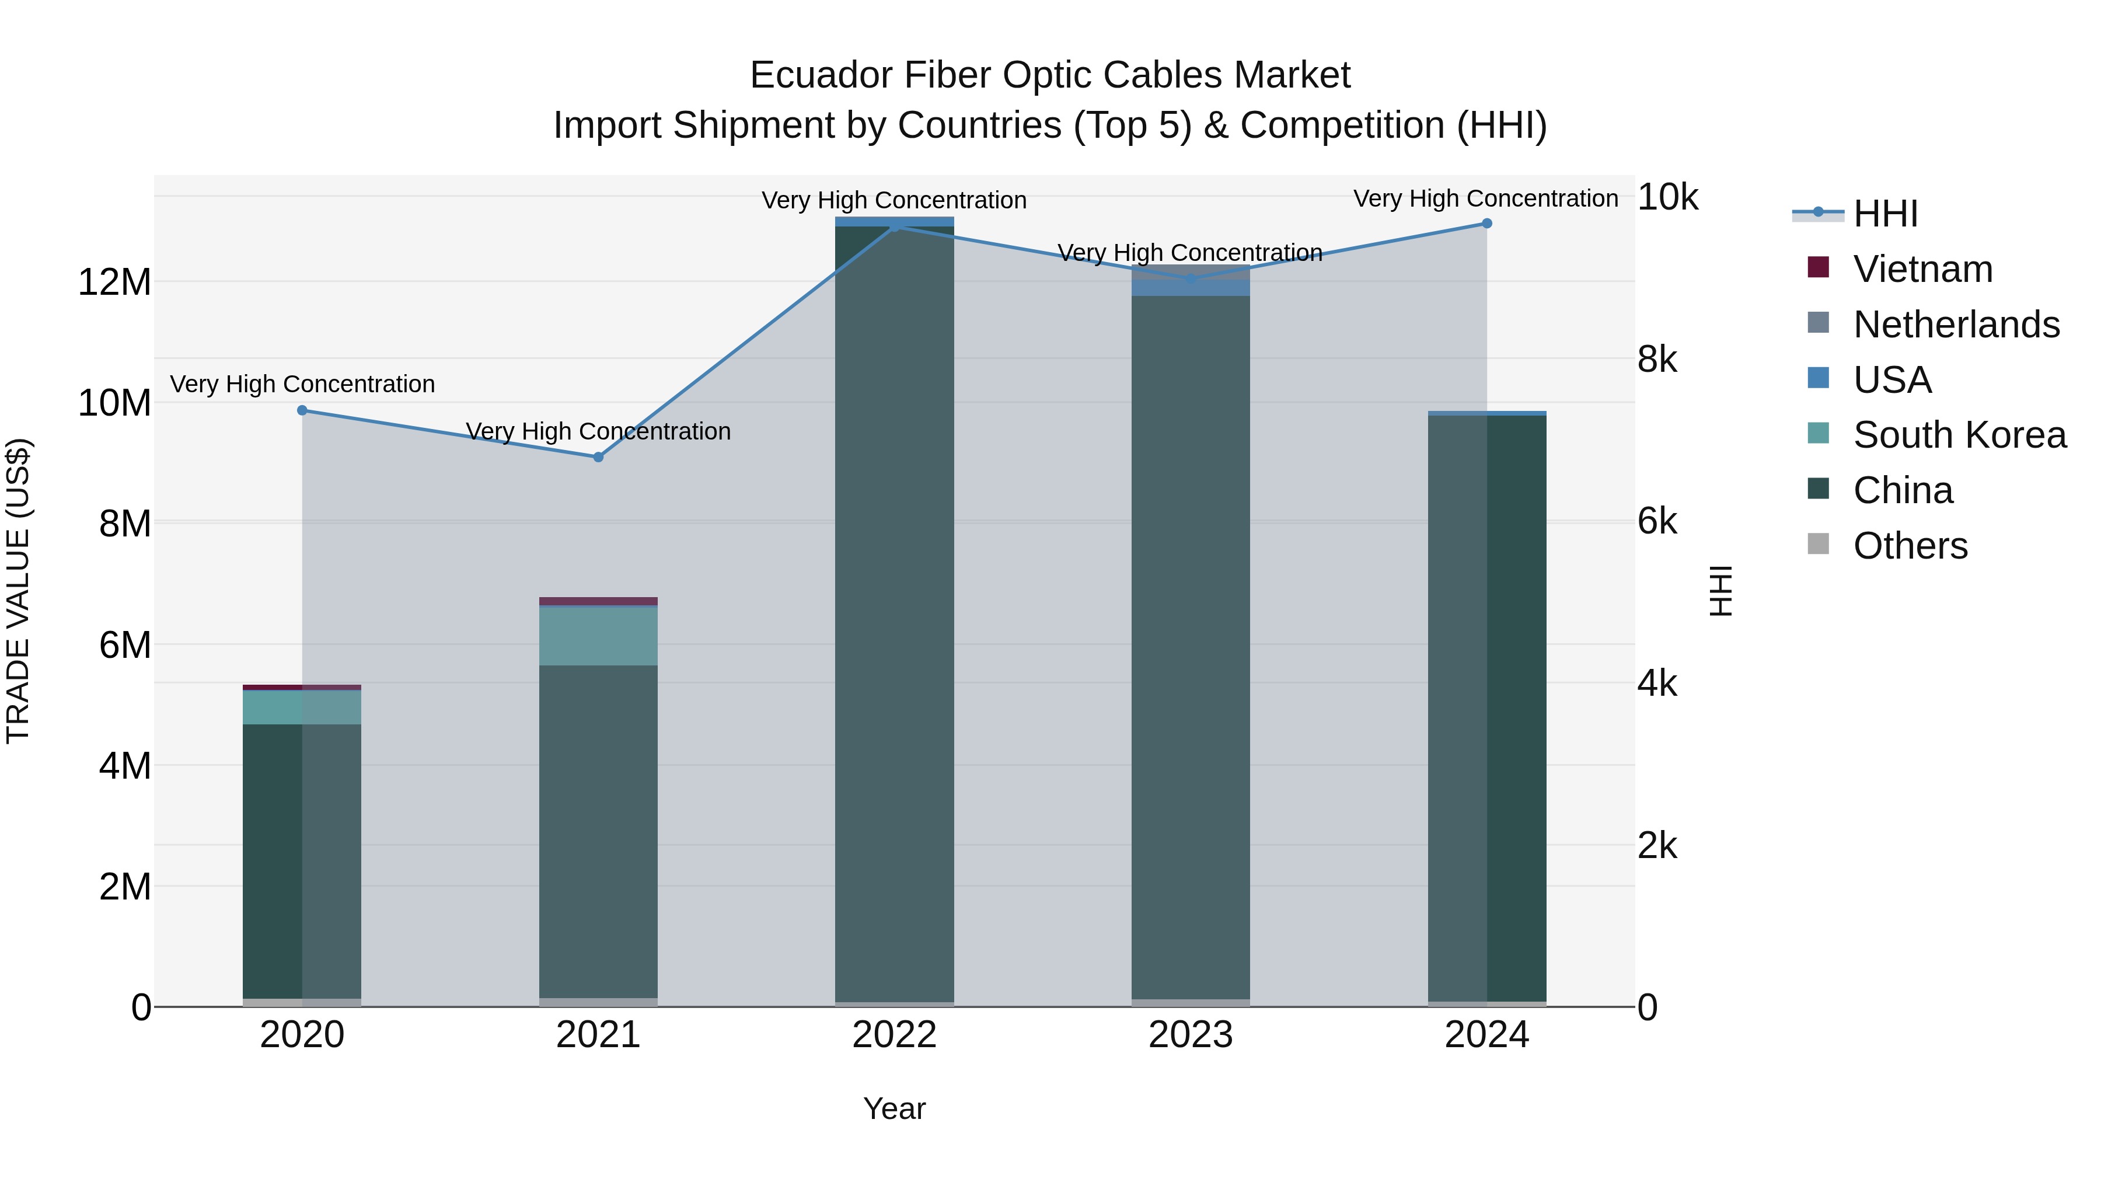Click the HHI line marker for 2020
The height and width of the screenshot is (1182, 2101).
point(302,410)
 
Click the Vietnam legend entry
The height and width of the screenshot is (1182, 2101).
point(1922,269)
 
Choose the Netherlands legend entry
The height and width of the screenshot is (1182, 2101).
point(1956,325)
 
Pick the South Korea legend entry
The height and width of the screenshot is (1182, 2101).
point(1959,435)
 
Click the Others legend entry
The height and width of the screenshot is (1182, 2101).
point(1910,546)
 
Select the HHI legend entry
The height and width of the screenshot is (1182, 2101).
point(1885,214)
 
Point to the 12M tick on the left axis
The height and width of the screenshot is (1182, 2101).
point(114,283)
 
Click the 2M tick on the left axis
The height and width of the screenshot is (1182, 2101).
point(125,887)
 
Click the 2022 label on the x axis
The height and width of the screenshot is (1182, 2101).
point(894,1035)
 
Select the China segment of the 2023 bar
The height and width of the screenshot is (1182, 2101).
point(1190,653)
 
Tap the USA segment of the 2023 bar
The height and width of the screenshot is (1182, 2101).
point(1190,288)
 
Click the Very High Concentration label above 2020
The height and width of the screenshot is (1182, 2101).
point(302,384)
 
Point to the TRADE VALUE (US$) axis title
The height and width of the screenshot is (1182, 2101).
point(18,591)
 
